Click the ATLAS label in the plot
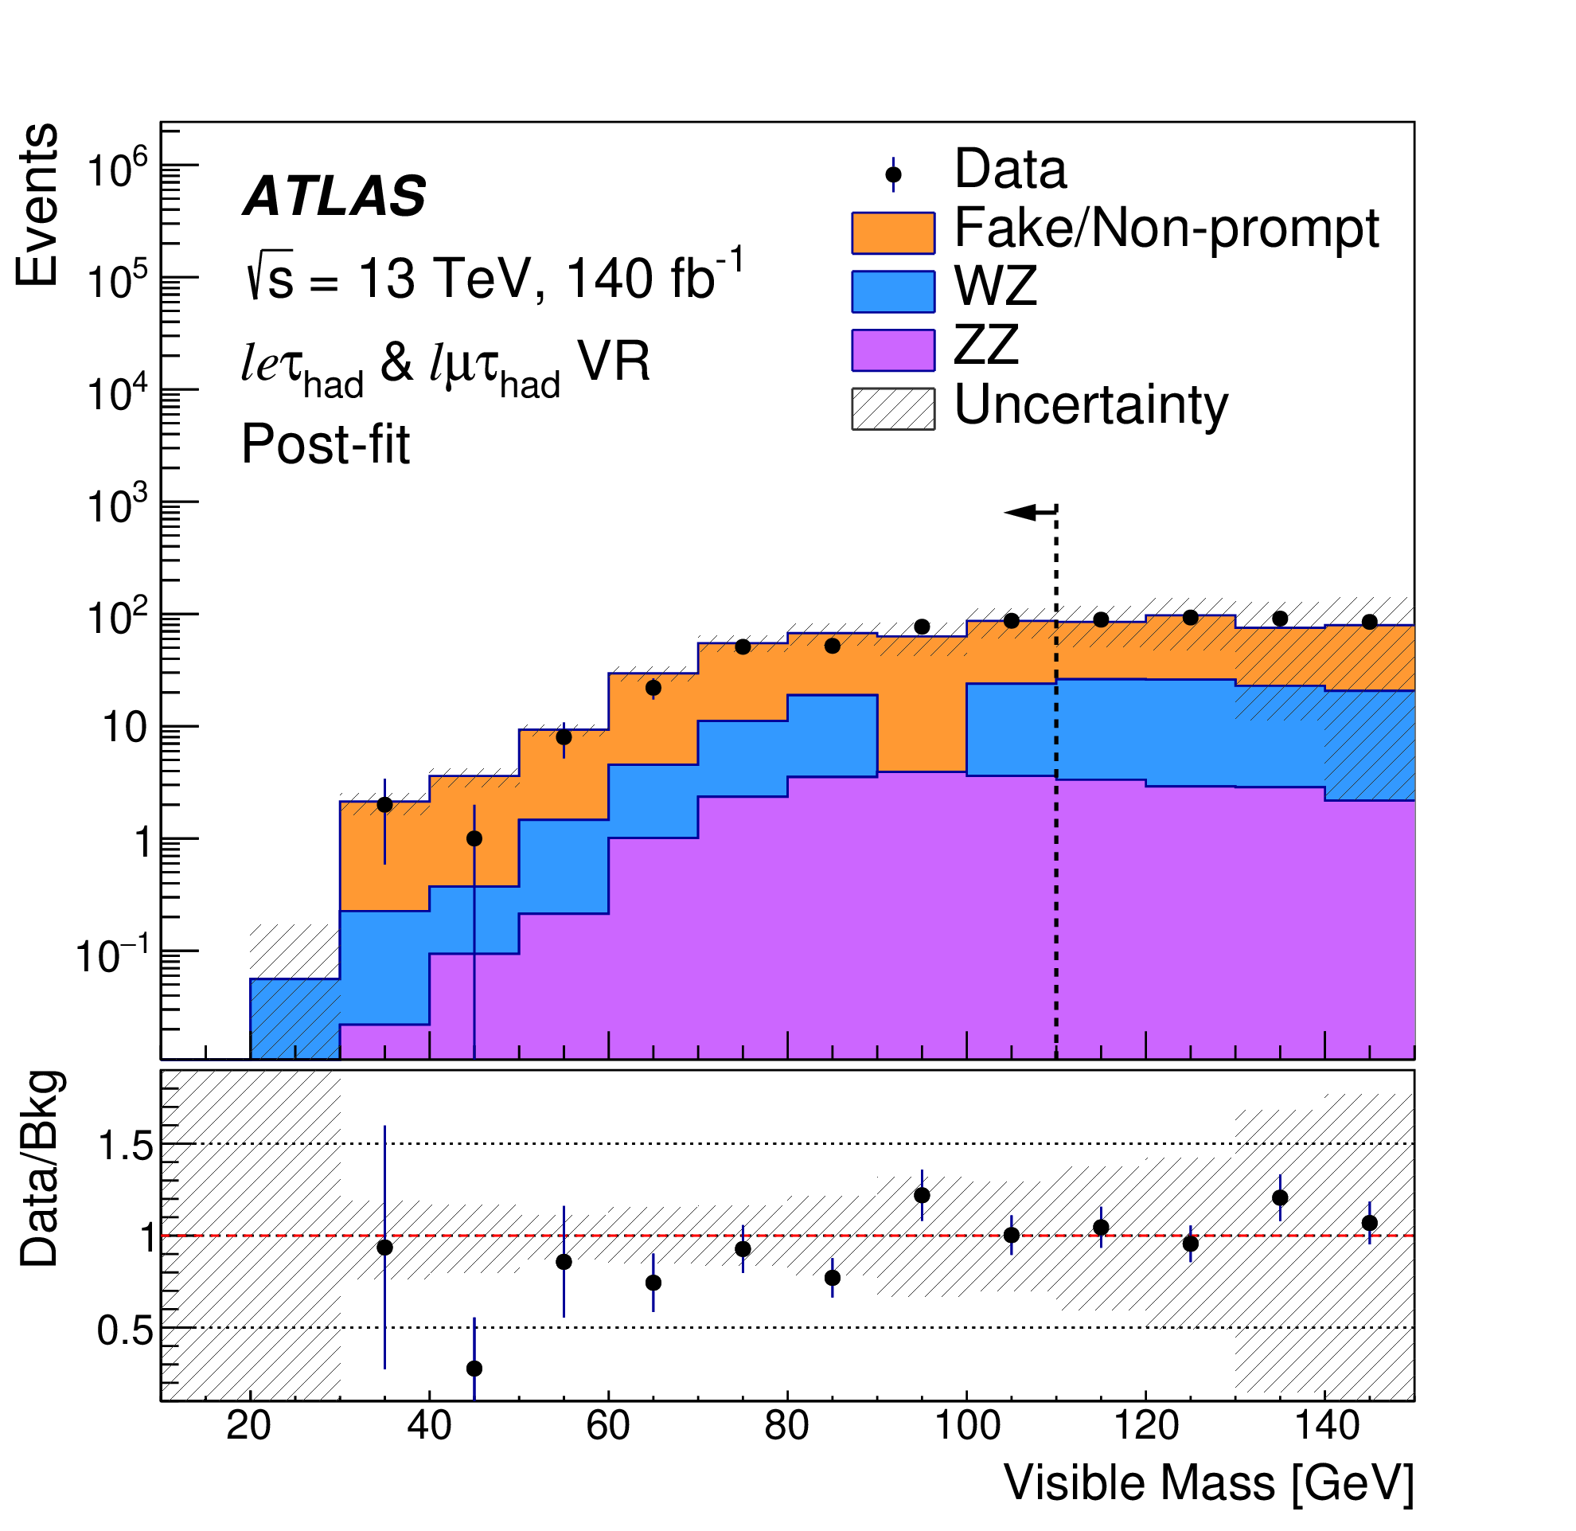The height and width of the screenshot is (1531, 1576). (x=334, y=197)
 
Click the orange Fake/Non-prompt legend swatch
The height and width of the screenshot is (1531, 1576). (x=892, y=233)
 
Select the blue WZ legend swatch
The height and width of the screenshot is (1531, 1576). (x=892, y=292)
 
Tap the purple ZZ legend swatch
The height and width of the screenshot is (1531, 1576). (x=892, y=350)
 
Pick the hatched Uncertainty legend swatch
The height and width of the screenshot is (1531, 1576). (x=892, y=409)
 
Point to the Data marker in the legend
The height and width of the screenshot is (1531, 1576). (x=892, y=174)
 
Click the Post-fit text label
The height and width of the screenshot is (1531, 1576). (x=326, y=445)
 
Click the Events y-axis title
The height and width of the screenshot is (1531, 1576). (x=37, y=205)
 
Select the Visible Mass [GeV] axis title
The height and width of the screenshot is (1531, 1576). (x=1208, y=1482)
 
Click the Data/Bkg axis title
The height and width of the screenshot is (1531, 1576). (x=40, y=1170)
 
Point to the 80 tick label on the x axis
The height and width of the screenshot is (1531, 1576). (x=786, y=1426)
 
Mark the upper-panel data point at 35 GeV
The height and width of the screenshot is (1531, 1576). (x=385, y=805)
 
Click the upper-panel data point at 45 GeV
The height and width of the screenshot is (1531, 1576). (x=474, y=838)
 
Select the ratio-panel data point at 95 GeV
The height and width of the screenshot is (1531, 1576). (x=923, y=1196)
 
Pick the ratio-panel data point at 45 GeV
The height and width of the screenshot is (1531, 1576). (x=474, y=1369)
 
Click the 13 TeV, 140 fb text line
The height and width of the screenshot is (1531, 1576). (x=494, y=279)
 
